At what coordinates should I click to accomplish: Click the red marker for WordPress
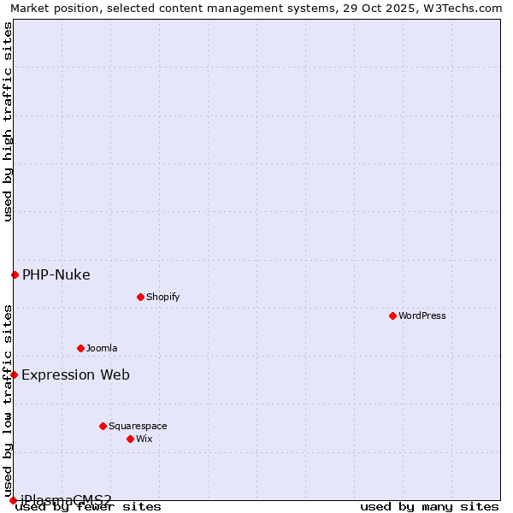(392, 315)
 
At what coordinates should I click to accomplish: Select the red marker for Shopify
(140, 297)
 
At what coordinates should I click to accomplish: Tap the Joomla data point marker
(80, 348)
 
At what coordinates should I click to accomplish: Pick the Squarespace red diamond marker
(103, 426)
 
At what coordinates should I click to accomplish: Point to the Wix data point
(130, 439)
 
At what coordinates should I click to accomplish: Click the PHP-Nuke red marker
(15, 274)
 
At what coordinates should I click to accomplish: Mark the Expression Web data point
(14, 374)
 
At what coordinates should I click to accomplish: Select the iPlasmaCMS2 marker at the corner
(13, 499)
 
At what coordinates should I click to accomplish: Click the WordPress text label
(422, 315)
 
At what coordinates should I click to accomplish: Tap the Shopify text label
(162, 297)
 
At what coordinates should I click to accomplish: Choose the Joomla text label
(102, 348)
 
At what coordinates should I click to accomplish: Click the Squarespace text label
(138, 426)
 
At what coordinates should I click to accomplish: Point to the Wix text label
(144, 439)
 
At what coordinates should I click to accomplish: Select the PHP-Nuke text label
(56, 274)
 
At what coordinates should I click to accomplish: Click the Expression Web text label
(75, 374)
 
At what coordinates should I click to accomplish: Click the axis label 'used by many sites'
(429, 507)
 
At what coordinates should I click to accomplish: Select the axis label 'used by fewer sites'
(88, 507)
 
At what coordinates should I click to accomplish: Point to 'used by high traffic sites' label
(8, 121)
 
